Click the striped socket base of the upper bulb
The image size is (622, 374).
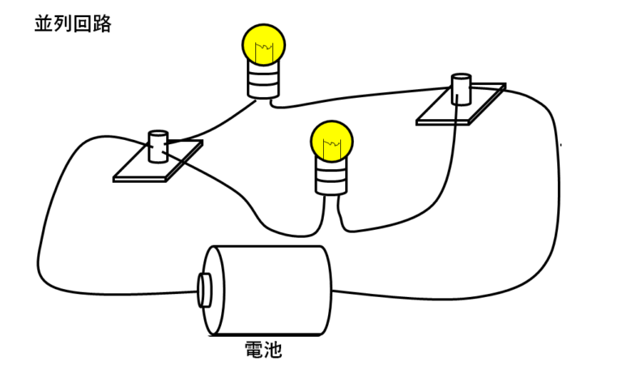262,82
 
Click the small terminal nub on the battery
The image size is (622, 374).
204,289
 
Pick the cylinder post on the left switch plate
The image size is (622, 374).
157,145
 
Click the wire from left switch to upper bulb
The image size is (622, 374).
211,125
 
